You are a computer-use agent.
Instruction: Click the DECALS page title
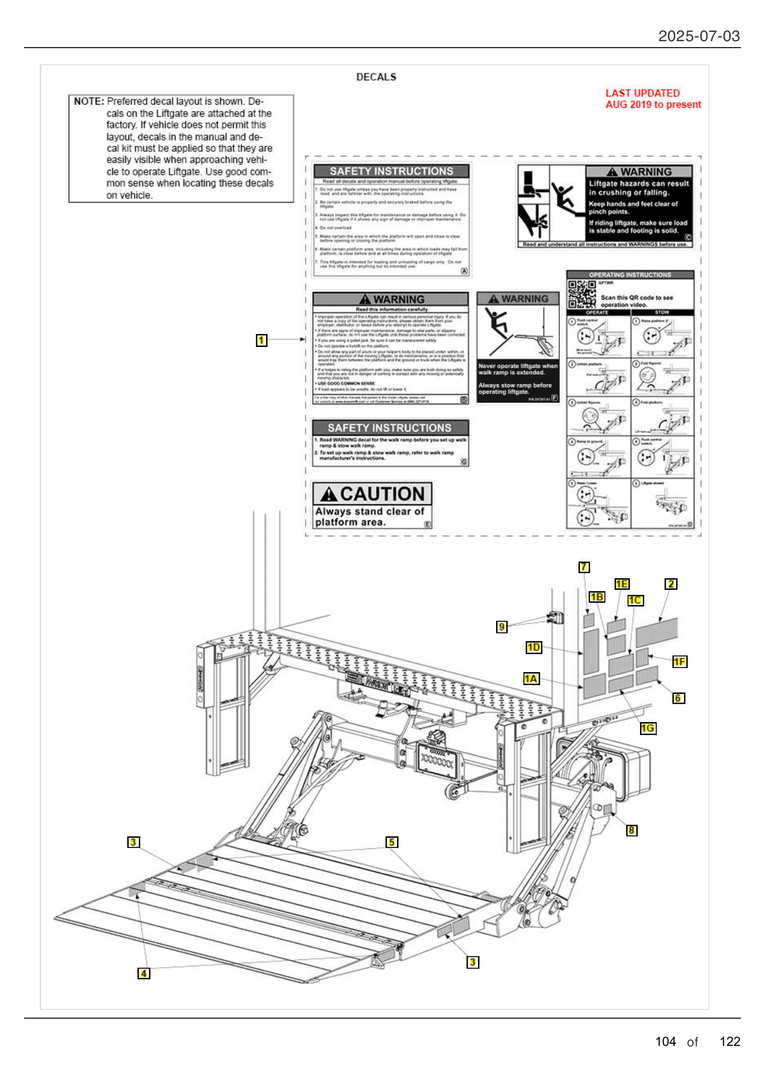pos(376,77)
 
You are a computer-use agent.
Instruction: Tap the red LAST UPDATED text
pos(642,93)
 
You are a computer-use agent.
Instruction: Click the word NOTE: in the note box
pos(88,101)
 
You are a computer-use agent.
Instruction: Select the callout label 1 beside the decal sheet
pos(261,340)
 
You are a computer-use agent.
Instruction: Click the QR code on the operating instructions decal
pos(581,294)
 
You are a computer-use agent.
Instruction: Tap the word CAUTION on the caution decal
pos(382,494)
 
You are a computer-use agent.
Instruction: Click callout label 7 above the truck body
pos(584,567)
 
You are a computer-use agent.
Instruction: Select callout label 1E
pos(621,584)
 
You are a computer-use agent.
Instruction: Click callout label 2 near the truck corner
pos(670,584)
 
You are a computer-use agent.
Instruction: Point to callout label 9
pos(502,627)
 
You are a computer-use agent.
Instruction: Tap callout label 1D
pos(533,647)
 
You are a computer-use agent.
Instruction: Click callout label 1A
pos(531,679)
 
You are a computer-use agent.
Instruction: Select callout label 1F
pos(679,662)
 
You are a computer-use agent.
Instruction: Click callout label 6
pos(678,698)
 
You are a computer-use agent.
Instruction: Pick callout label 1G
pos(647,728)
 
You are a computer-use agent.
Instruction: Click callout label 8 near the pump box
pos(631,830)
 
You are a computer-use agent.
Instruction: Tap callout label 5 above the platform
pos(391,842)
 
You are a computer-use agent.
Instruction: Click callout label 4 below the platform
pos(143,974)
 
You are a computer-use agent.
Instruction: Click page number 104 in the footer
pos(665,1041)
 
